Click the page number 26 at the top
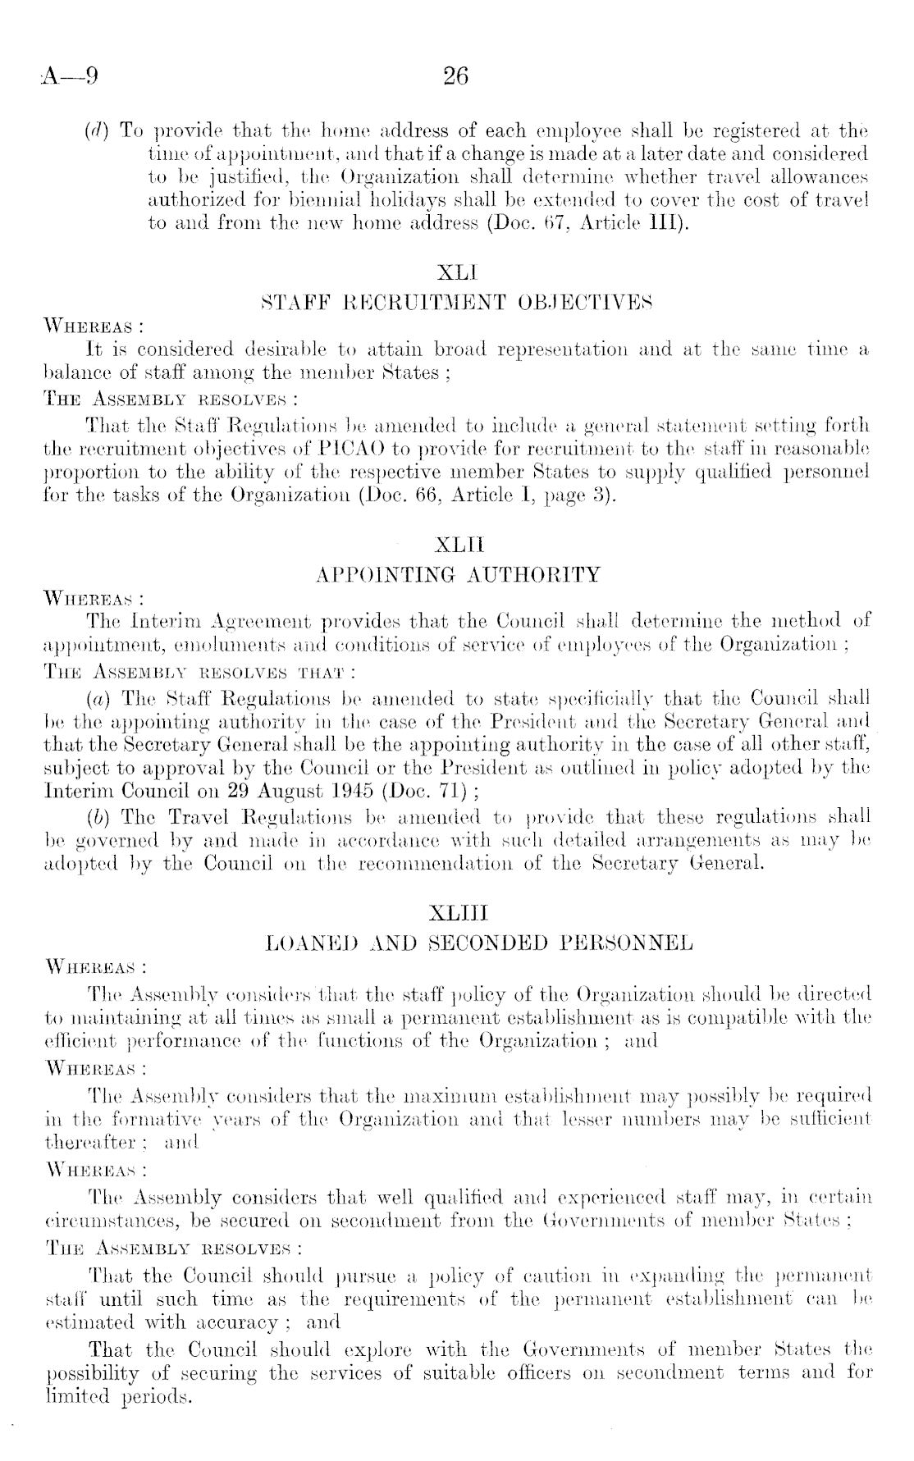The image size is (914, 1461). (455, 77)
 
